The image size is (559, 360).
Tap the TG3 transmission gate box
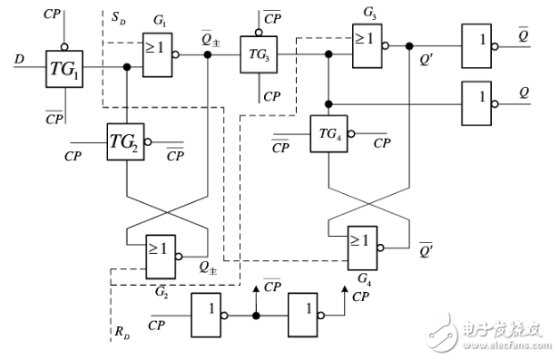[258, 55]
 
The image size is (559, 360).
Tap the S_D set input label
[117, 19]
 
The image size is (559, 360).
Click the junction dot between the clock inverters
[257, 316]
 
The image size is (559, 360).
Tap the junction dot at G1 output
[210, 55]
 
